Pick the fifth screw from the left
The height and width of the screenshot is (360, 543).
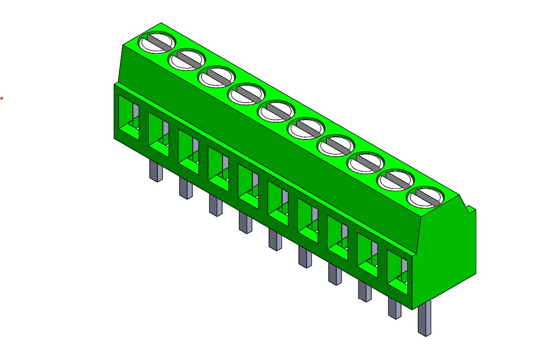[x=276, y=111]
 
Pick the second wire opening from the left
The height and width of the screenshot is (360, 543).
[x=158, y=135]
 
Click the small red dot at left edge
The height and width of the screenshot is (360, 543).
[x=2, y=98]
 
